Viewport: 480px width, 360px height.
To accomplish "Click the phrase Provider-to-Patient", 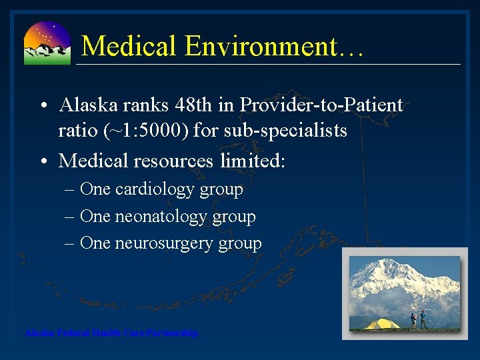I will point(321,105).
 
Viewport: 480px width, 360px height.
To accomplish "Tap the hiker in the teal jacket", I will point(423,319).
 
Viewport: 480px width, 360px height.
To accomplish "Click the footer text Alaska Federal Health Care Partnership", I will point(111,333).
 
